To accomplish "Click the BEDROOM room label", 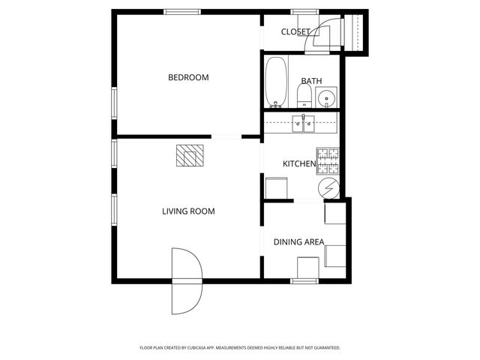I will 188,77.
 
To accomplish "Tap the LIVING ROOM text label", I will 188,211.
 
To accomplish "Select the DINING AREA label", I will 298,241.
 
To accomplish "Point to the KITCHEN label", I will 298,163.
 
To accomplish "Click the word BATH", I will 311,81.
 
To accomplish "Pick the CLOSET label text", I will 295,31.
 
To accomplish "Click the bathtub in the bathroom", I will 276,82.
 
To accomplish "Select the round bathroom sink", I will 327,98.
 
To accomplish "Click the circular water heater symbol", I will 328,188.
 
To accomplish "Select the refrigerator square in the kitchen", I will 276,188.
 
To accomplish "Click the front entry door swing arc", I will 186,281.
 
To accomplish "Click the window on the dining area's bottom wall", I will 304,281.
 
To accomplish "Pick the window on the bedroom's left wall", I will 115,103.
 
